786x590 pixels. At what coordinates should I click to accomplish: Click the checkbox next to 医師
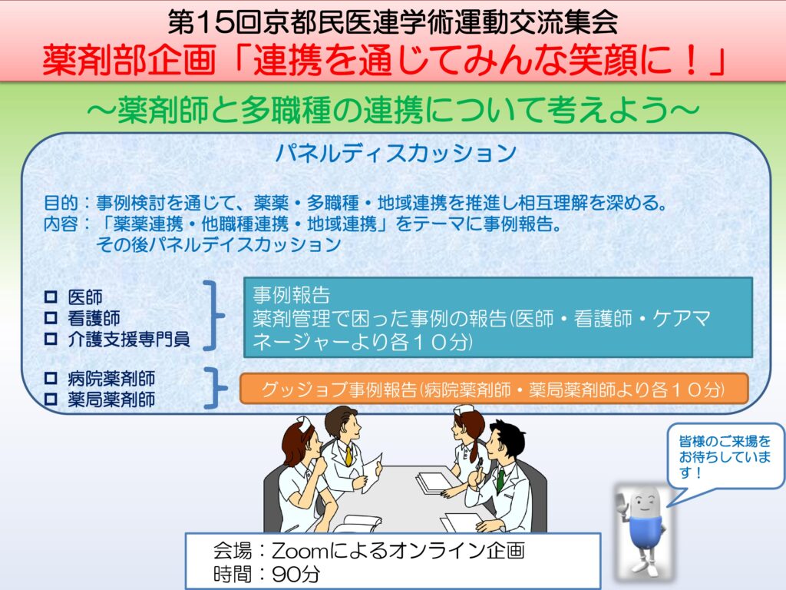51,297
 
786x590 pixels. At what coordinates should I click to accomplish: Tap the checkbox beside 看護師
51,318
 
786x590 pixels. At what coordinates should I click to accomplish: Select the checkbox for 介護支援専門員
51,339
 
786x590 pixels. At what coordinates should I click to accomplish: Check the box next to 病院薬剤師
51,378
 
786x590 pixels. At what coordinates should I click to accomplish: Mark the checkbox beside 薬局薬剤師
51,399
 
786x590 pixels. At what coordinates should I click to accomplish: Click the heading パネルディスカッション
396,153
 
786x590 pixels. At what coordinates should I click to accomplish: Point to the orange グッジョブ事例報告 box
494,389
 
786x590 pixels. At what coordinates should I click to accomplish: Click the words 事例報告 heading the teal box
291,295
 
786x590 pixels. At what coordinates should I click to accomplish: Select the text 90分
296,574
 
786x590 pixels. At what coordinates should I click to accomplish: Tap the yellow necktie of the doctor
348,456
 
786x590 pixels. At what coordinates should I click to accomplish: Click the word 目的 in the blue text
61,203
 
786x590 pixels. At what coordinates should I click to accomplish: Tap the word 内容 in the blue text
61,224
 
